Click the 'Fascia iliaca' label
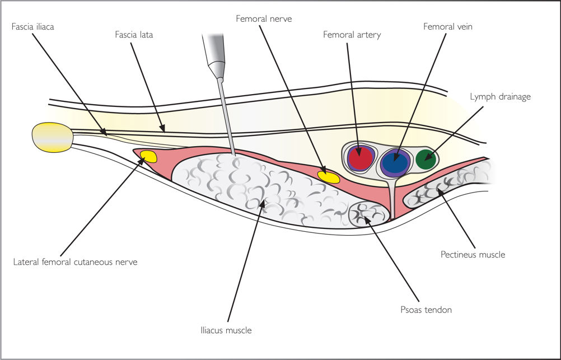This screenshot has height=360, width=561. tap(32, 27)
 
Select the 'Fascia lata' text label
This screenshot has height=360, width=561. tap(134, 35)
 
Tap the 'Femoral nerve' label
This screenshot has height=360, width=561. tap(264, 18)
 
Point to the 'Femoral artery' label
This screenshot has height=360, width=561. tap(352, 35)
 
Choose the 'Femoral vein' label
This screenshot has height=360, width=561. tap(447, 27)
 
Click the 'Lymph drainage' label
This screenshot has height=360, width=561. tap(500, 97)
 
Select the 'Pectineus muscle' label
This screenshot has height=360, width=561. tap(473, 255)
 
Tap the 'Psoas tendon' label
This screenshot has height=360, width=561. tap(426, 310)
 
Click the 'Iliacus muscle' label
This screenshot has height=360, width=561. tap(226, 330)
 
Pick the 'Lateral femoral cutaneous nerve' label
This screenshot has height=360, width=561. tap(75, 262)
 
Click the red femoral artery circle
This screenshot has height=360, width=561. tap(361, 158)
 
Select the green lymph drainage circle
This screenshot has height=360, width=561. tap(426, 159)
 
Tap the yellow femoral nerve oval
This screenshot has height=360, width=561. tap(329, 177)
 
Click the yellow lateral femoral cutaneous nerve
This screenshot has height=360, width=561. tap(148, 156)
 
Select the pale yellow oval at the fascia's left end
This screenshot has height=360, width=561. tap(53, 137)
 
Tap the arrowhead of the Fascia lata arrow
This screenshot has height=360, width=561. tap(162, 128)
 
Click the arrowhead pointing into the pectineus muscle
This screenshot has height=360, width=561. tap(440, 192)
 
